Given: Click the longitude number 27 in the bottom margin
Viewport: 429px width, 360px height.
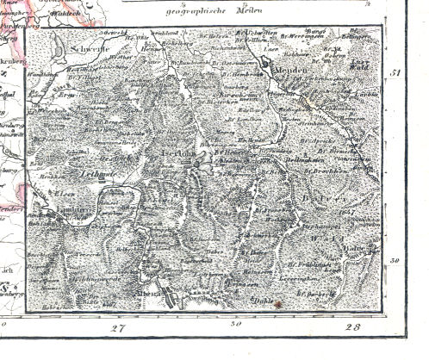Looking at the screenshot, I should (118, 328).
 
